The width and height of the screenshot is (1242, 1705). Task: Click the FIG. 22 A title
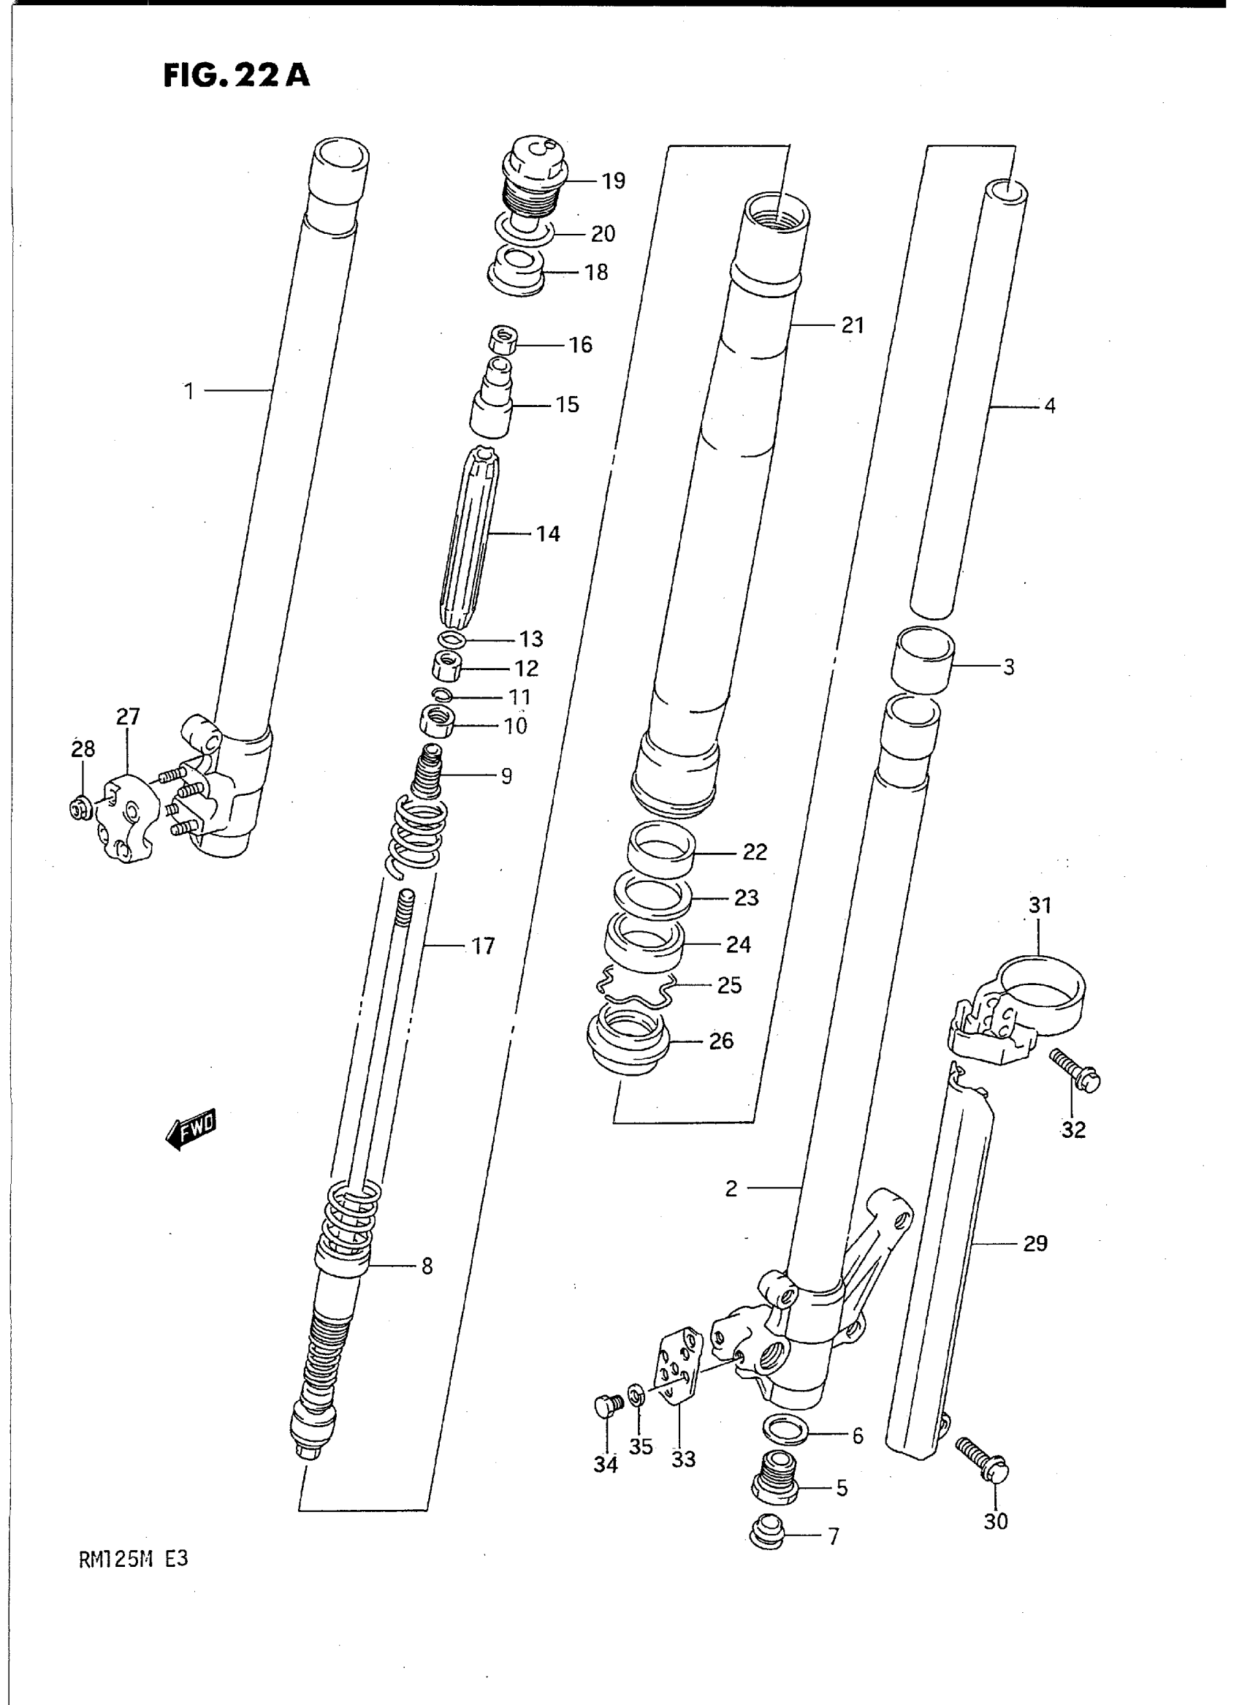coord(236,76)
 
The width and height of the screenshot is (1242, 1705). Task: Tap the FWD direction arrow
coord(191,1130)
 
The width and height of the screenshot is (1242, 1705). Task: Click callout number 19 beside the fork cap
coord(614,181)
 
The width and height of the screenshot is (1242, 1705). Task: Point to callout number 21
coord(852,325)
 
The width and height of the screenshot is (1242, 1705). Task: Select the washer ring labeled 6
coord(785,1428)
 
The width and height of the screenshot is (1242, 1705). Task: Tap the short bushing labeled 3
coord(923,661)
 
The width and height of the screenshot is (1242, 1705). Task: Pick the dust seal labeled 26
coord(628,1041)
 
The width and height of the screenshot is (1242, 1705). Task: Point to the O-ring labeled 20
coord(524,230)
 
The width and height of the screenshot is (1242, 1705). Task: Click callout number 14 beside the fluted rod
coord(547,534)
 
